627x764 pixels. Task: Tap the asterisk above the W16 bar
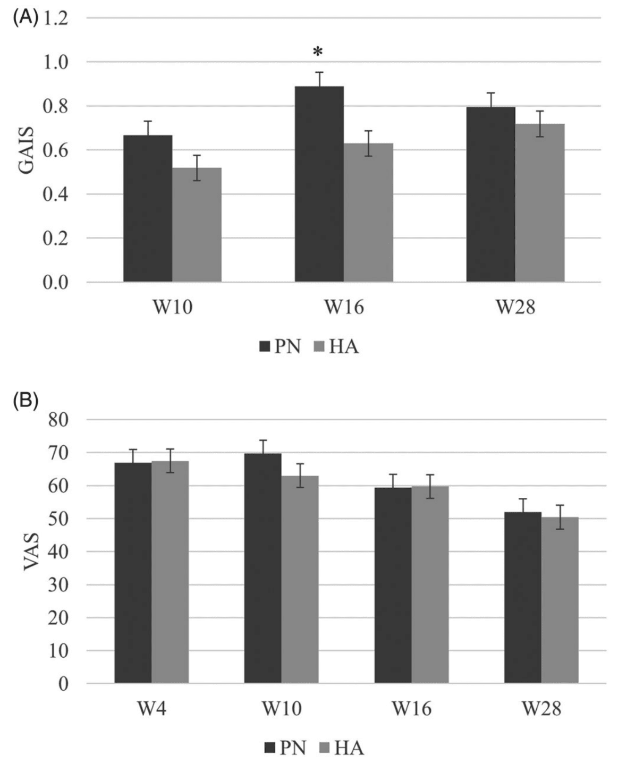[318, 52]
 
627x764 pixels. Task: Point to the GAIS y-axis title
[26, 150]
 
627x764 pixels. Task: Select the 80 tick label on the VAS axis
[58, 420]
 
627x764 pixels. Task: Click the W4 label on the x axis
[151, 709]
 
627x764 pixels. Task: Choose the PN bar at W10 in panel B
[262, 568]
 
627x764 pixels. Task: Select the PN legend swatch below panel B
[270, 749]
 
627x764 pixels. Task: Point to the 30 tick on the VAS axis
[58, 585]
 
